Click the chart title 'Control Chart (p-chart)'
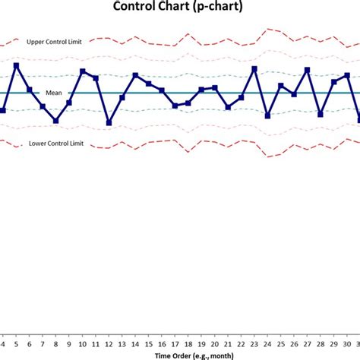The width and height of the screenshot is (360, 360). [178, 8]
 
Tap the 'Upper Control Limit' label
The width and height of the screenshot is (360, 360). [55, 41]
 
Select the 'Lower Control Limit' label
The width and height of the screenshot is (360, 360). [55, 143]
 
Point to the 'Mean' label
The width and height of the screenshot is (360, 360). [54, 92]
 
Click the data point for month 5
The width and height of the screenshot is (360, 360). [16, 65]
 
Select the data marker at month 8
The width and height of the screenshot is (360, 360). [55, 120]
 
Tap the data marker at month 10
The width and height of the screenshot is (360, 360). [83, 72]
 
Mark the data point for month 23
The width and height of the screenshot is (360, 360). [254, 69]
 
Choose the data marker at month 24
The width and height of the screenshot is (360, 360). [268, 115]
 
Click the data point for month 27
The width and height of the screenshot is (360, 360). [308, 70]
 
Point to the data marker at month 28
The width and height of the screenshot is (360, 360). [321, 114]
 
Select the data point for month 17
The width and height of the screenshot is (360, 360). [175, 106]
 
